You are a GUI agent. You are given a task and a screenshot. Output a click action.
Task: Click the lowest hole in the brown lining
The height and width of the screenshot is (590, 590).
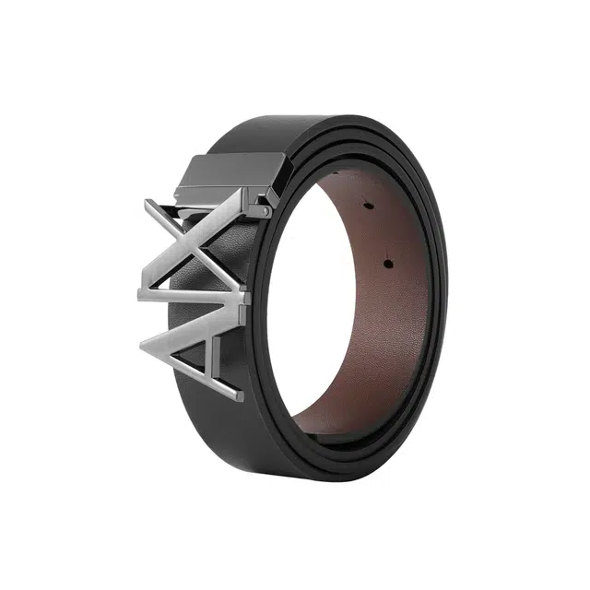point(388,264)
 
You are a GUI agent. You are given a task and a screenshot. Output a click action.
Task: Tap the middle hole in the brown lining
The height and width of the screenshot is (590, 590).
point(367,206)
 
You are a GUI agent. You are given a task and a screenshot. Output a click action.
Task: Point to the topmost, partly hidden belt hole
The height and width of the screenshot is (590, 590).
point(335,173)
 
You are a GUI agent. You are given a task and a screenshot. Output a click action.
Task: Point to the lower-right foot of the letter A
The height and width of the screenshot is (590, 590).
point(240,395)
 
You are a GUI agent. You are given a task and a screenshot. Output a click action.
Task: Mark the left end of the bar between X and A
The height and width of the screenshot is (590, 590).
point(140,295)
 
